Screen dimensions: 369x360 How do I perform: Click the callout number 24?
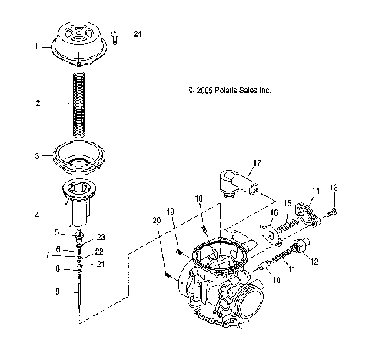(138, 34)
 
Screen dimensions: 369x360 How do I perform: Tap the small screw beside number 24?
(115, 37)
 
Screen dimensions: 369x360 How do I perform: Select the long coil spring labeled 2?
(78, 104)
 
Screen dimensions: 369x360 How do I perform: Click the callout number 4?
(38, 215)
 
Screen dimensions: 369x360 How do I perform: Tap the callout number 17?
(257, 163)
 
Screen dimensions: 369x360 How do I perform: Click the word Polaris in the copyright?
(225, 90)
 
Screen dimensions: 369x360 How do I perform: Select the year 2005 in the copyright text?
(204, 91)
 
